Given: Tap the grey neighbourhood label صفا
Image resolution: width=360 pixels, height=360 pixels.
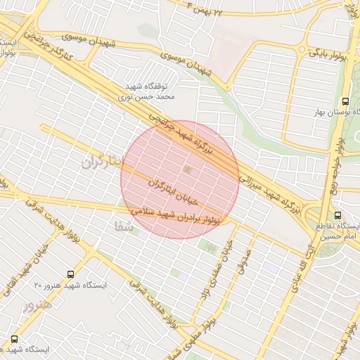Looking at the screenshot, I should tap(120, 226).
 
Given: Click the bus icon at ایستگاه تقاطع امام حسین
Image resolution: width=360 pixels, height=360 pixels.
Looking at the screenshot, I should tap(338, 216).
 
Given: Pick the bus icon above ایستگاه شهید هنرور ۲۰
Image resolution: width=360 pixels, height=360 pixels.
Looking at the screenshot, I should tap(70, 274).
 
